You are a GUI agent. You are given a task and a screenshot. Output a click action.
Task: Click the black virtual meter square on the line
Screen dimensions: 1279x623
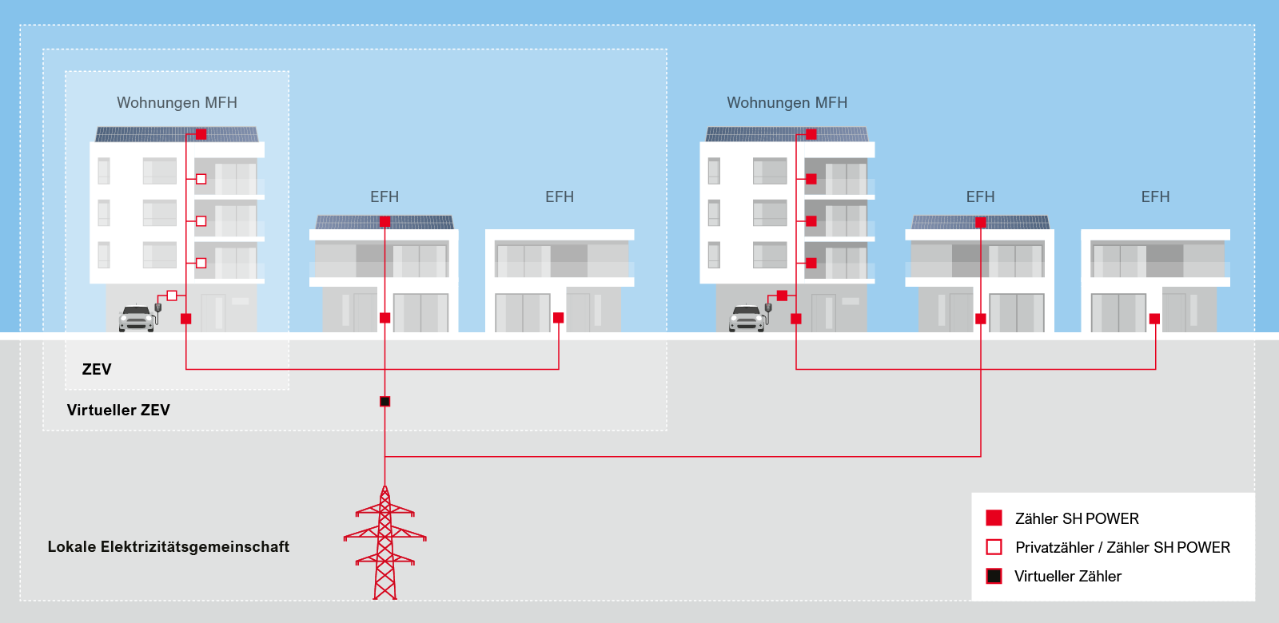(384, 402)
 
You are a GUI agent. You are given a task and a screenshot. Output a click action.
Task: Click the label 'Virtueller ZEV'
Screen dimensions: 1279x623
(118, 411)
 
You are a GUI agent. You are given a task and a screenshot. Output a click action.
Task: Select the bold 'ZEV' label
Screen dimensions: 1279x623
(97, 370)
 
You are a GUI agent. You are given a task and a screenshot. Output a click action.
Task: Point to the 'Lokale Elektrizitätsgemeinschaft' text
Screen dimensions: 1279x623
(169, 546)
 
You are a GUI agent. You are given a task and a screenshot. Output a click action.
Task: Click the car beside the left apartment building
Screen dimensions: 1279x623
(137, 319)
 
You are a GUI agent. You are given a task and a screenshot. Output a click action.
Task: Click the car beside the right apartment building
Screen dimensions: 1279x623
(747, 319)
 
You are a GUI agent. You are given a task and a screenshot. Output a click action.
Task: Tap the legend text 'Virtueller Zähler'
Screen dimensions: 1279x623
(1068, 576)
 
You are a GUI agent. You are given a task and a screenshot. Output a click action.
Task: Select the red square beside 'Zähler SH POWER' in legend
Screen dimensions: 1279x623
(994, 518)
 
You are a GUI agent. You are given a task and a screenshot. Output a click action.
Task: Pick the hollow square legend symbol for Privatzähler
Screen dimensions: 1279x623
(994, 547)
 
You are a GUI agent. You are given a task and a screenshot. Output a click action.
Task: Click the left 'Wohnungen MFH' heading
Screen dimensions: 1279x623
(177, 103)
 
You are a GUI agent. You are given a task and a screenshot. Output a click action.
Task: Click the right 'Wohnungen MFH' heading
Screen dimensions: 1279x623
(787, 103)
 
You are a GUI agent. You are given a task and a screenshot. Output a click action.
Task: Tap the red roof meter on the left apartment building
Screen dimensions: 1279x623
(201, 134)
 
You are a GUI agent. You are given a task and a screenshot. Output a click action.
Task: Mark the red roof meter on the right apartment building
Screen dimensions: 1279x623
(811, 134)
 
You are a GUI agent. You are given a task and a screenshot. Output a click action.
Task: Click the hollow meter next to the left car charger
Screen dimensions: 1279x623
(172, 296)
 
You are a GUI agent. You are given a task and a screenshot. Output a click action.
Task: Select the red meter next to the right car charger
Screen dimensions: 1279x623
(783, 296)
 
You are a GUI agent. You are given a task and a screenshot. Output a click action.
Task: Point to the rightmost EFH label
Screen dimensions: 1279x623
(1155, 196)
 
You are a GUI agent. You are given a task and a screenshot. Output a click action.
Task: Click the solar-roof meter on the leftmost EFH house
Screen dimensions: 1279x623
(384, 221)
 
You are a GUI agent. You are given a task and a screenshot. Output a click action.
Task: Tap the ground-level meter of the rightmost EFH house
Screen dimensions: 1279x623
(1154, 319)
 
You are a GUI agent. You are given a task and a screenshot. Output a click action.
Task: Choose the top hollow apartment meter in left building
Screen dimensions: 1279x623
(201, 179)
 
